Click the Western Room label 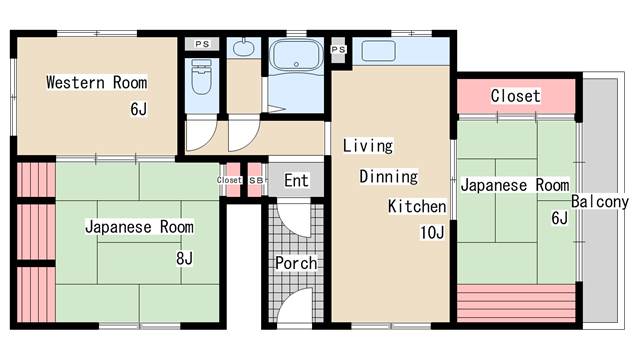coord(96,82)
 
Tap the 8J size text coord(184,260)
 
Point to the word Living coord(368,146)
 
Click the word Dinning coord(388,176)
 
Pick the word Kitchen coord(417,207)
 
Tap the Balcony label coord(600,202)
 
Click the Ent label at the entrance coord(296,181)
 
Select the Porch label coord(296,263)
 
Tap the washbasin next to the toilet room coord(243,47)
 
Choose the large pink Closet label coord(515,96)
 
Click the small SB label coord(255,180)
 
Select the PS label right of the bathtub coord(338,49)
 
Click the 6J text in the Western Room coord(138,109)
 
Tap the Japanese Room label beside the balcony coord(514,185)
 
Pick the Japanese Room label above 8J coord(139,227)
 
